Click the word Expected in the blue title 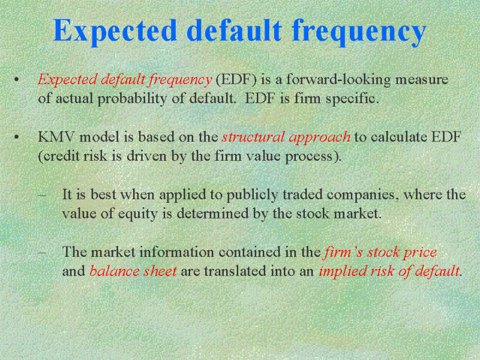tap(115, 31)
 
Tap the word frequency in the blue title tap(359, 32)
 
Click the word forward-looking tap(338, 80)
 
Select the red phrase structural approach tap(286, 137)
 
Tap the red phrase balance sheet tap(133, 271)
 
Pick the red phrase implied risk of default tap(389, 271)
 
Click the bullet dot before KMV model tap(17, 137)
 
